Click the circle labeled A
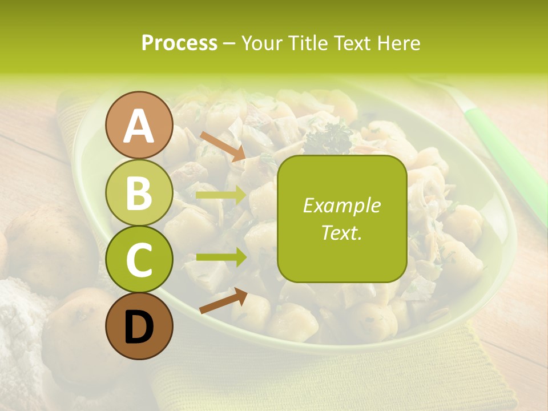[139, 125]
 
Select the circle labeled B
[139, 192]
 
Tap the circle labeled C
[139, 259]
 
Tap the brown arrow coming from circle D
[223, 301]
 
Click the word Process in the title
[179, 43]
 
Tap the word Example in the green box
[341, 205]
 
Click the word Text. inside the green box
[341, 232]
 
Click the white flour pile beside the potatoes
[17, 325]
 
